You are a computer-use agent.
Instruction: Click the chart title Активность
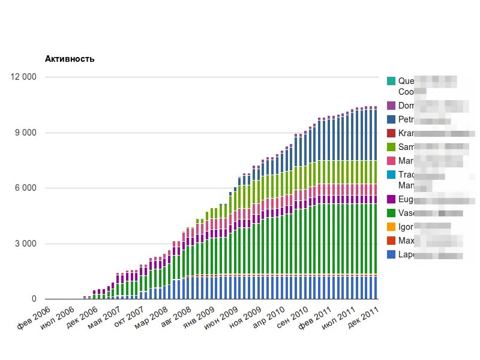(x=70, y=59)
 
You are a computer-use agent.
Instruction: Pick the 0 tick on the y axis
(x=34, y=299)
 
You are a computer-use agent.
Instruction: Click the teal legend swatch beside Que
(x=391, y=80)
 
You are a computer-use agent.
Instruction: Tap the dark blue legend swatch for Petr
(x=391, y=119)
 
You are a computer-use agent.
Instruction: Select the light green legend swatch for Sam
(x=391, y=147)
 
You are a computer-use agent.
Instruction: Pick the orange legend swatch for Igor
(x=391, y=227)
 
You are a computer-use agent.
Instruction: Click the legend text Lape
(x=409, y=255)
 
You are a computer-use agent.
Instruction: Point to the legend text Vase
(x=409, y=213)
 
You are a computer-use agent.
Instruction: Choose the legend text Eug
(x=406, y=199)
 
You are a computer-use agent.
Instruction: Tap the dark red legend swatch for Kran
(x=391, y=133)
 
